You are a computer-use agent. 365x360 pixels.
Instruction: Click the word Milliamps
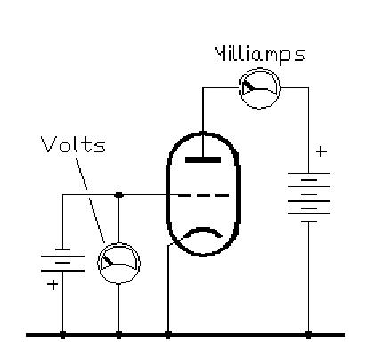point(260,54)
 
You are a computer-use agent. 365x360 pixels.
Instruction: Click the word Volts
point(73,144)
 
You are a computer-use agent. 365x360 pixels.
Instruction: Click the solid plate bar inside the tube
point(203,160)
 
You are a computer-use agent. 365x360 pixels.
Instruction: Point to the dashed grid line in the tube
point(204,195)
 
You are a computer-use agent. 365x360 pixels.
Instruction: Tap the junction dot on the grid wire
point(118,195)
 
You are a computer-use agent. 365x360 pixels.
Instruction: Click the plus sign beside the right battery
point(321,151)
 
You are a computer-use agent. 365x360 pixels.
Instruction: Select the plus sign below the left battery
point(53,285)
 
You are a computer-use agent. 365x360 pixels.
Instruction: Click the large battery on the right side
point(309,197)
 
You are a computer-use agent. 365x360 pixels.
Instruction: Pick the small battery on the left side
point(62,260)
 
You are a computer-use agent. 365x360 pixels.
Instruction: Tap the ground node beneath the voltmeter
point(118,335)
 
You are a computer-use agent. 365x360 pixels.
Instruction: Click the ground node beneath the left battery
point(62,335)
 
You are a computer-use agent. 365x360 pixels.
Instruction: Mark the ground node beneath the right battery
point(308,335)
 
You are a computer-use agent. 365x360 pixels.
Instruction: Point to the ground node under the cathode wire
point(168,335)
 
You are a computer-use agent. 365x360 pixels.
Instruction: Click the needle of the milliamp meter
point(248,86)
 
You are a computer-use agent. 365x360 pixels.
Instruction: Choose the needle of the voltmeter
point(108,260)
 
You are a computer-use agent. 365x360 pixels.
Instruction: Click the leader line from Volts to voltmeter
point(90,200)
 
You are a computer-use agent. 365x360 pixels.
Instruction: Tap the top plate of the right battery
point(309,173)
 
